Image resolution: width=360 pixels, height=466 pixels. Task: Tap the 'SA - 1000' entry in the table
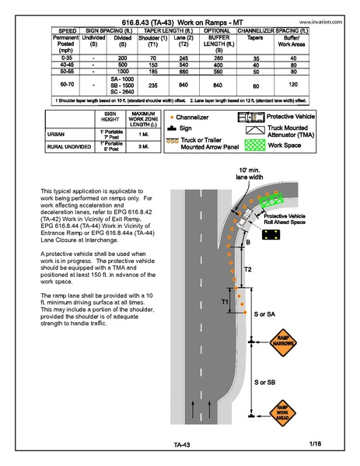(122, 78)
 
